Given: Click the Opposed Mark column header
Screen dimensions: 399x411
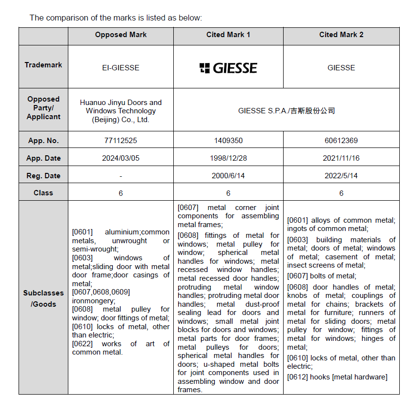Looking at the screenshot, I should pyautogui.click(x=121, y=35).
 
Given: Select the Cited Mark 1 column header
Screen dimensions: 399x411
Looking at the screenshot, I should pyautogui.click(x=228, y=35).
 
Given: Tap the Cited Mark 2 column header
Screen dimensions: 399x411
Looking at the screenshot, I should pyautogui.click(x=341, y=35).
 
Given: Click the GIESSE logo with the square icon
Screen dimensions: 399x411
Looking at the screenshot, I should pyautogui.click(x=228, y=68).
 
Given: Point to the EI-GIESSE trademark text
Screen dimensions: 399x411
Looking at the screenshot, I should pyautogui.click(x=121, y=68).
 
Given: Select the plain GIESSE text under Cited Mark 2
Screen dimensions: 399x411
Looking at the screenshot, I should pyautogui.click(x=341, y=68).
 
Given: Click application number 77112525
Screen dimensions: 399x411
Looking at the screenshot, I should pyautogui.click(x=121, y=141).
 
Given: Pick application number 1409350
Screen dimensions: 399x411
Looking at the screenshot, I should pyautogui.click(x=228, y=141).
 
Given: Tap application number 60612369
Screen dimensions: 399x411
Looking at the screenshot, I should pyautogui.click(x=341, y=141).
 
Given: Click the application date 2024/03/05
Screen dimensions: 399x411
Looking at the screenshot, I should pyautogui.click(x=121, y=158).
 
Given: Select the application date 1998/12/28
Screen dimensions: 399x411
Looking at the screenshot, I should pyautogui.click(x=228, y=158).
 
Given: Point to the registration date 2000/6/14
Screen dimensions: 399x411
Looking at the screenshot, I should pyautogui.click(x=228, y=176).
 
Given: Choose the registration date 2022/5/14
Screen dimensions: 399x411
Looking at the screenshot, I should pyautogui.click(x=341, y=176).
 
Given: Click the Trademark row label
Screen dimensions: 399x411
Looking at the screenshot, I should pyautogui.click(x=43, y=65).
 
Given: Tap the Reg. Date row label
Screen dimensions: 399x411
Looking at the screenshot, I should pyautogui.click(x=43, y=176).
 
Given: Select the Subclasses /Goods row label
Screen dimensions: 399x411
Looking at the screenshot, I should pyautogui.click(x=43, y=298).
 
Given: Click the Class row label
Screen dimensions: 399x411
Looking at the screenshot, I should pyautogui.click(x=43, y=193).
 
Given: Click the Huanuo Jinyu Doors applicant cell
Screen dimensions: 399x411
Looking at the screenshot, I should pyautogui.click(x=121, y=111).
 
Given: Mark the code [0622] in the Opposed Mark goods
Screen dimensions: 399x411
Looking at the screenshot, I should pyautogui.click(x=82, y=344).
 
